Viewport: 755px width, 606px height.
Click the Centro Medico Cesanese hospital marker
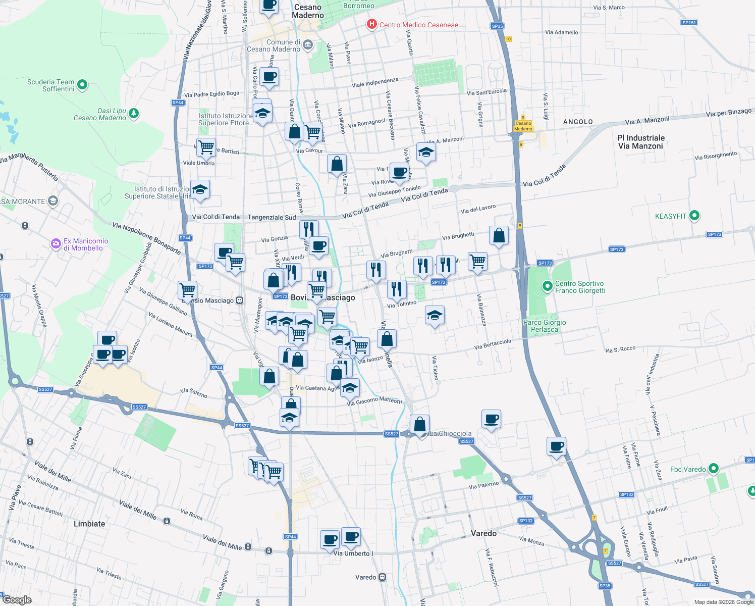372,24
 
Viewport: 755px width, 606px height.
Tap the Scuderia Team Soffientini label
51,85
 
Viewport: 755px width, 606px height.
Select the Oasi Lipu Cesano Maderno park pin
134,114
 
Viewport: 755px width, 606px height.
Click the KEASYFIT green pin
694,216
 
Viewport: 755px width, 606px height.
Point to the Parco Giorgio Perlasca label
545,326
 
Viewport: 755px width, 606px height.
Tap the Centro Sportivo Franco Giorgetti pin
547,286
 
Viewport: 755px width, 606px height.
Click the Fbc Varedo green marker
713,469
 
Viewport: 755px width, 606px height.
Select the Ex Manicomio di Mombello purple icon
56,244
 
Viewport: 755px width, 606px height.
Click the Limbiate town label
89,524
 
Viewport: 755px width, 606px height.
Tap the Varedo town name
483,533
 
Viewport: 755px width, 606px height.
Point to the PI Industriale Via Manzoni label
640,142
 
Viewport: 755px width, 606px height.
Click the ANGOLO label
578,122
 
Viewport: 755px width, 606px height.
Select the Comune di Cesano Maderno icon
307,45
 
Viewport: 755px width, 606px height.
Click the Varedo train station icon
383,577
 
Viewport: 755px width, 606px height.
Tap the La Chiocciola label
450,433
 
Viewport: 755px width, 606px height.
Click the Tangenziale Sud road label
272,217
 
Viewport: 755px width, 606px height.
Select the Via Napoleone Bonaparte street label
146,238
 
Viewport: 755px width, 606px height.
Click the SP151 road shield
689,23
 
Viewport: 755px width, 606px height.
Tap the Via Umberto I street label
353,553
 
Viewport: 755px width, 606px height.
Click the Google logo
17,599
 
